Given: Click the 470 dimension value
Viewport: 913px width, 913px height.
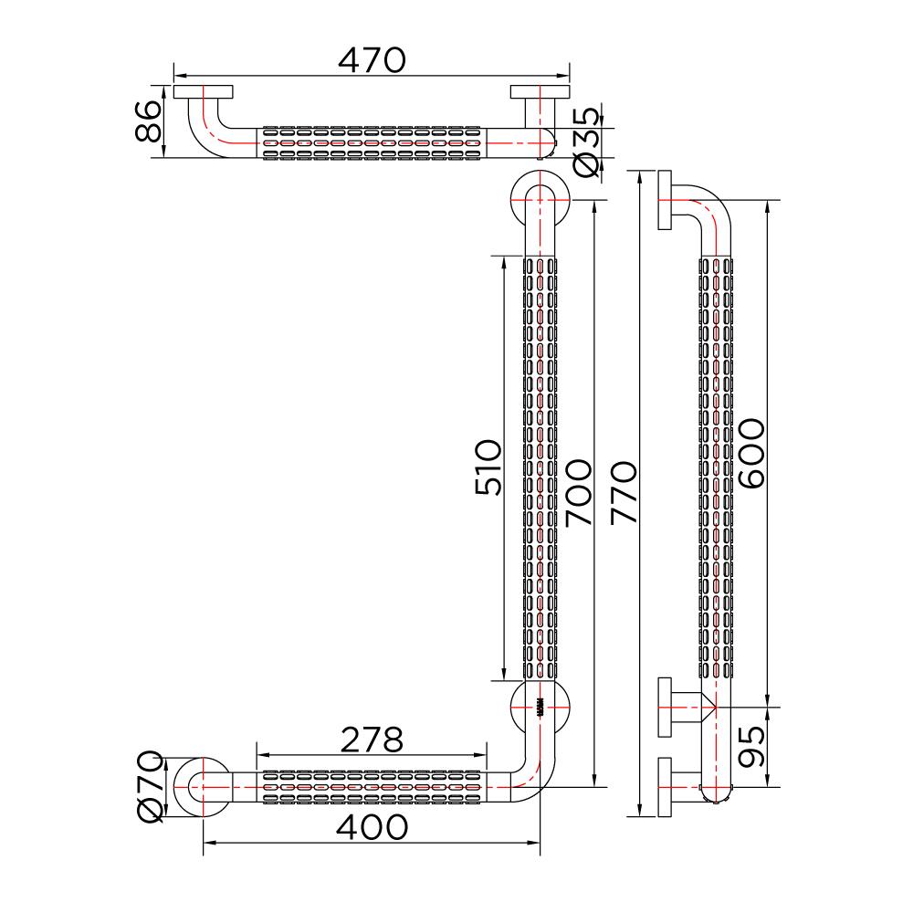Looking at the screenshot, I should coord(371,59).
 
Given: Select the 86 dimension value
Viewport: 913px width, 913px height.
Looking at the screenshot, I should coord(148,121).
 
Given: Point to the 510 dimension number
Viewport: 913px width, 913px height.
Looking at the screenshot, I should coord(488,467).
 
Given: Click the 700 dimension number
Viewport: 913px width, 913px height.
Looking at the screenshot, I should coord(579,493).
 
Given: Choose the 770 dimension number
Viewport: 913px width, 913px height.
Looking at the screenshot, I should coord(623,493).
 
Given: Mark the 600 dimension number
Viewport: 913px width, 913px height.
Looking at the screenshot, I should coord(750,454).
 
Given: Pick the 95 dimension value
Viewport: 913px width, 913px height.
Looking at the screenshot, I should coord(750,746).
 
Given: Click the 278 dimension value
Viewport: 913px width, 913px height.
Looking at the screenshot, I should coord(369,740).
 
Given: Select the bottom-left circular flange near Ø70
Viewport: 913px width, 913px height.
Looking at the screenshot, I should coord(203,786).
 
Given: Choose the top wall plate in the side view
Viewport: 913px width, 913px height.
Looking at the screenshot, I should coord(665,201).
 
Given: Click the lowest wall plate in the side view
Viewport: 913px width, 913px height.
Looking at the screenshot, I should coord(665,786).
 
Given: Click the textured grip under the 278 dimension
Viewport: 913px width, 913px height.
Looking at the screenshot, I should coord(371,786).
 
